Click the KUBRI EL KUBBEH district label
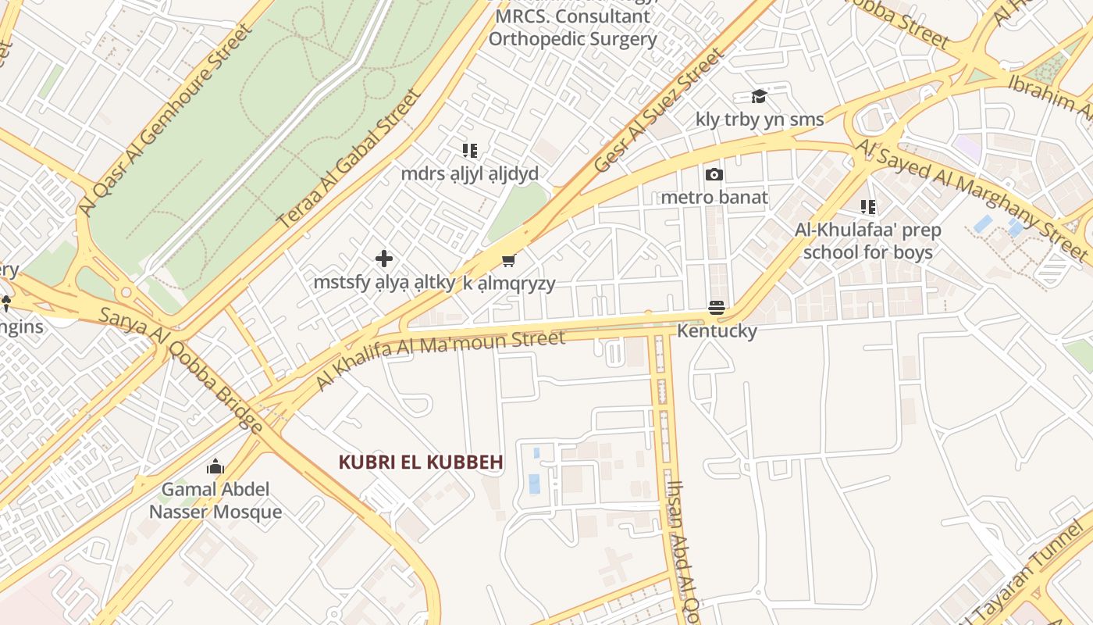point(420,462)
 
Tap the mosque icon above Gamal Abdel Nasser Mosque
point(215,467)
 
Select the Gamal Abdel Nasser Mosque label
point(215,501)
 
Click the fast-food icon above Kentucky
point(717,308)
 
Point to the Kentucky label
point(717,330)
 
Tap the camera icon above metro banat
point(714,174)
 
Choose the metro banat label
point(714,197)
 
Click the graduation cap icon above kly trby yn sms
point(759,96)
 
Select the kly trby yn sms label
point(760,119)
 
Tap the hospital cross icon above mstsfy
point(383,259)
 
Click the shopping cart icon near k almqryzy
point(509,260)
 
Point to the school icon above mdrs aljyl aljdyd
point(469,150)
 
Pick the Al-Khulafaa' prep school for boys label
point(867,241)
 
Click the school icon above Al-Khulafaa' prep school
point(867,207)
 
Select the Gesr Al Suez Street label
point(659,110)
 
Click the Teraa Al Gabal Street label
point(350,160)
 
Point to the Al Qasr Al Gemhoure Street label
point(166,119)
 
